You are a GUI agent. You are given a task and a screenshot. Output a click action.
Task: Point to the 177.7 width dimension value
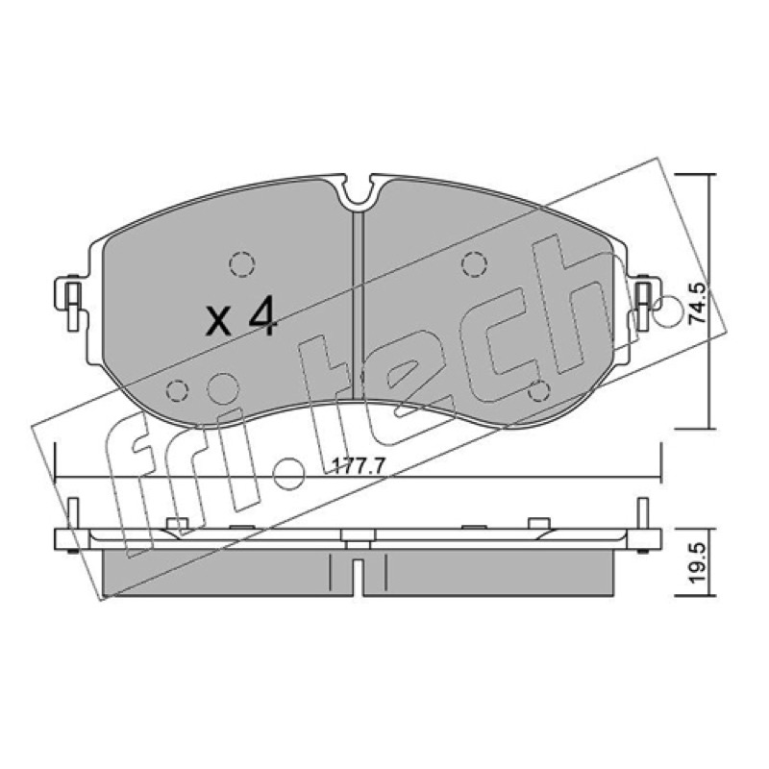pyautogui.click(x=358, y=465)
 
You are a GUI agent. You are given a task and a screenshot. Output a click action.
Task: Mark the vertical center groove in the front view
pyautogui.click(x=359, y=304)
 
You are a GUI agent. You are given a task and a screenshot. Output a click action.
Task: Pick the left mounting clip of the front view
pyautogui.click(x=71, y=302)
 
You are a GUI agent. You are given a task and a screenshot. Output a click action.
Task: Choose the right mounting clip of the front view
pyautogui.click(x=646, y=302)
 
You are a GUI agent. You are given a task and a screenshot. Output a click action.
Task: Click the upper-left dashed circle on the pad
pyautogui.click(x=242, y=264)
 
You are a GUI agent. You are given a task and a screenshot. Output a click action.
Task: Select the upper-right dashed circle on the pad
pyautogui.click(x=474, y=264)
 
